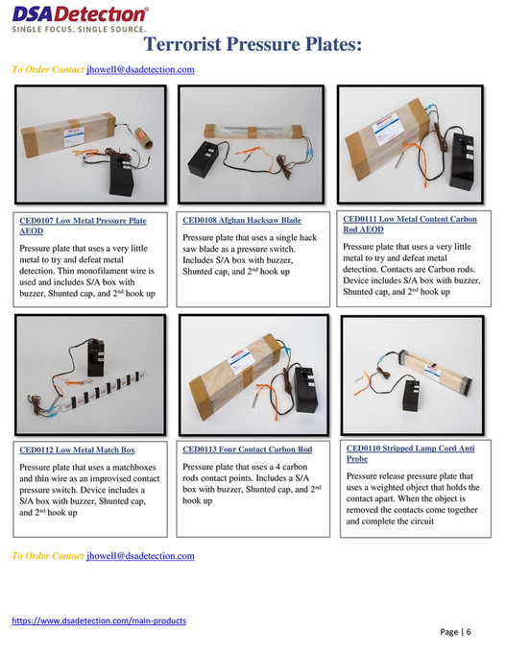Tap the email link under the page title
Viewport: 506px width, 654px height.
pyautogui.click(x=140, y=70)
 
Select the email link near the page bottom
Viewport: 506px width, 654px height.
pyautogui.click(x=140, y=556)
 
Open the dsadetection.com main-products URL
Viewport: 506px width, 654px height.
pyautogui.click(x=99, y=620)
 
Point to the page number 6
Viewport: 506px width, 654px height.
pyautogui.click(x=470, y=631)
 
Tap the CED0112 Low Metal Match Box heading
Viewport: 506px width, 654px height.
pyautogui.click(x=78, y=448)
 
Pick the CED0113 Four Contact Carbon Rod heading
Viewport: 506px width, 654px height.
pyautogui.click(x=247, y=448)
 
